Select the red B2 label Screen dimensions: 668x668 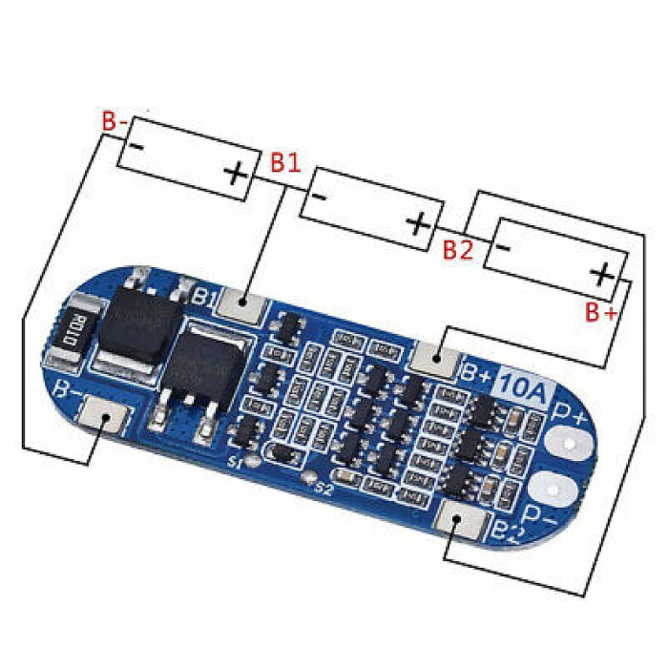(458, 250)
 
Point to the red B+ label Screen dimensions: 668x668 (601, 311)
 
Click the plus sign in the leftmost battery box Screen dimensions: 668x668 (236, 174)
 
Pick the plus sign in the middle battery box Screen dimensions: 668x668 (418, 224)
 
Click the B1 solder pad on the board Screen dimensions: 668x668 (242, 304)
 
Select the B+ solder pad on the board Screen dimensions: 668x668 (437, 358)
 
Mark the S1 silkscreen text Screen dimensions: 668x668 (234, 464)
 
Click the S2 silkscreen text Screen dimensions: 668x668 (323, 490)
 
